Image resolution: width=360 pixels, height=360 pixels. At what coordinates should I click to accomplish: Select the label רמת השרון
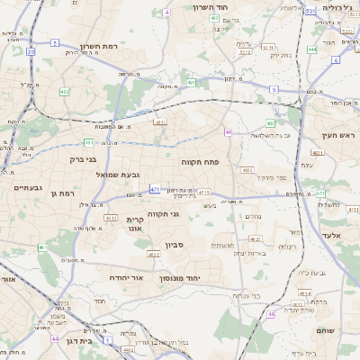click(100, 45)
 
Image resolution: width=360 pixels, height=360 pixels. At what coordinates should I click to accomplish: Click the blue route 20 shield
click(31, 52)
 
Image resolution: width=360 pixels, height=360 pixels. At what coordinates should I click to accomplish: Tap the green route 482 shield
click(64, 92)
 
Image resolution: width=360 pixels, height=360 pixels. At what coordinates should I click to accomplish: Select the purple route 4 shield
click(166, 13)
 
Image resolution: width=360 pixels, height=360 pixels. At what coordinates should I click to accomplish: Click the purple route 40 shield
click(229, 132)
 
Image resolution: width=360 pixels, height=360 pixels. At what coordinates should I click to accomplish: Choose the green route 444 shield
click(311, 50)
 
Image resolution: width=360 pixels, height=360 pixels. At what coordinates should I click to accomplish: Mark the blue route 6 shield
click(335, 60)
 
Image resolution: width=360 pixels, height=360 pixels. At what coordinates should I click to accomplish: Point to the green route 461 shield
click(89, 142)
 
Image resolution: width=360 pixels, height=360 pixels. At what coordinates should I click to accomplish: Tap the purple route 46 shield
click(271, 314)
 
